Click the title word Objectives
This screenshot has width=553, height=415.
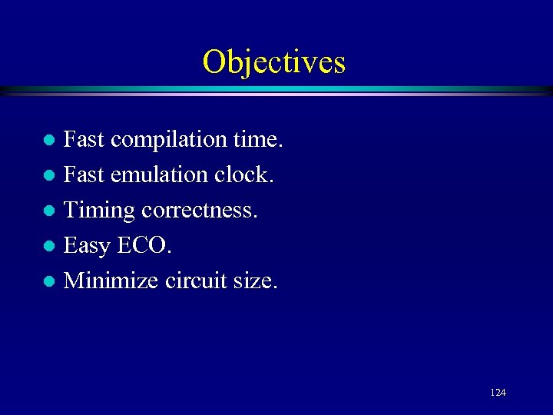coord(274,61)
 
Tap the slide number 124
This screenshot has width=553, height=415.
coord(498,393)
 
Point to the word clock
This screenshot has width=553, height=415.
coord(243,175)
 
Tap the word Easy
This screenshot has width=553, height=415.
coord(88,246)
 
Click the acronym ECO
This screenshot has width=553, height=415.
coord(144,246)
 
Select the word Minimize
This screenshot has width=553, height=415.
coord(111,281)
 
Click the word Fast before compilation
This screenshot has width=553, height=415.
coord(84,141)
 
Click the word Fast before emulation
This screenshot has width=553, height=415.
coord(84,175)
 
